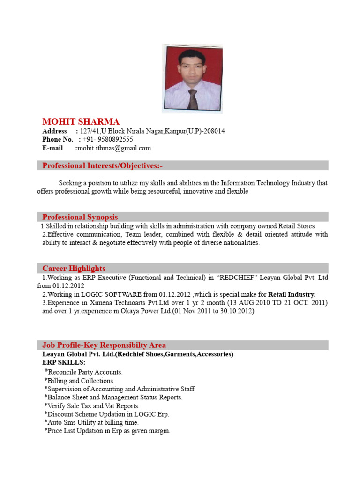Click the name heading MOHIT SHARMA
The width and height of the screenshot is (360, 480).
coord(81,122)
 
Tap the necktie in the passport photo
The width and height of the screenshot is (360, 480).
coord(192,99)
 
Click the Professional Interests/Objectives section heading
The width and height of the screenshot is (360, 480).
coord(103,165)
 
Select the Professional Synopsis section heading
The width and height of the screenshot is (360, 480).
coord(80,217)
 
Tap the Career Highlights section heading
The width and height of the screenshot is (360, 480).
coord(74,269)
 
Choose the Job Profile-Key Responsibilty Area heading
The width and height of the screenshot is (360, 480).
coord(104,345)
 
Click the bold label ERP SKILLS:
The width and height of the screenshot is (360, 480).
coord(64,363)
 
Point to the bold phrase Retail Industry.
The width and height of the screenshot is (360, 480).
coord(292,294)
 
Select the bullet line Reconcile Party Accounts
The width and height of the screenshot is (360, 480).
coord(84,372)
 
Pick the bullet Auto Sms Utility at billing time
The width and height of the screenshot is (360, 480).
coord(92,422)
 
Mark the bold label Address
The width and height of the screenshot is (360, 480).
coord(54,131)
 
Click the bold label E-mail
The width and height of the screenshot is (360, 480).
coord(52,148)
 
